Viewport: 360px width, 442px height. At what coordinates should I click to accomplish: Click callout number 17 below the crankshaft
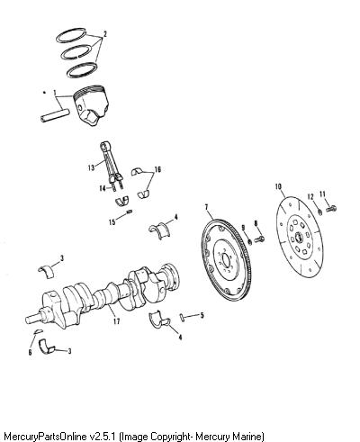(116, 321)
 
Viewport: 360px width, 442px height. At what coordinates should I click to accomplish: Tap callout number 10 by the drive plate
(278, 186)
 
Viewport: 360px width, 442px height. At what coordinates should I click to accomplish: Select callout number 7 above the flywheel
(206, 207)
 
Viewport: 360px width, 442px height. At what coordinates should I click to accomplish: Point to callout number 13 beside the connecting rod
(91, 167)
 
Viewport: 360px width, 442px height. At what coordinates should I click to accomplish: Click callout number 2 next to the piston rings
(104, 34)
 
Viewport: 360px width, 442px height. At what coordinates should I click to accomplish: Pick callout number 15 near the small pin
(112, 222)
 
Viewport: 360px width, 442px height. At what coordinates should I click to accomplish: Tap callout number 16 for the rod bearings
(157, 169)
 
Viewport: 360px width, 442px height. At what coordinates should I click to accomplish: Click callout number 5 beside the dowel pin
(202, 315)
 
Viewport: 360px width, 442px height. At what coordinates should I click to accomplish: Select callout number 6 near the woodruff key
(30, 352)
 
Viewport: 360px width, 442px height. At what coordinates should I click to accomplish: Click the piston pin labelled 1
(55, 116)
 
